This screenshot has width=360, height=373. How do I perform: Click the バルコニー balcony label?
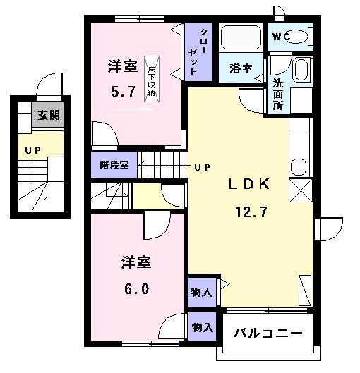pyautogui.click(x=268, y=333)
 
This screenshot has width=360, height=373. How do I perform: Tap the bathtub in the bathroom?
pyautogui.click(x=240, y=37)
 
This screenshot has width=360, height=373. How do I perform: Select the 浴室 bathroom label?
pyautogui.click(x=241, y=68)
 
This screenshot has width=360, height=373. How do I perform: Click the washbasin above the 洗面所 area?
pyautogui.click(x=301, y=71)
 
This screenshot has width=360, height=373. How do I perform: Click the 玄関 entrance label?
pyautogui.click(x=48, y=116)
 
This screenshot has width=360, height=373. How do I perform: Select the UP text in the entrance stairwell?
pyautogui.click(x=33, y=150)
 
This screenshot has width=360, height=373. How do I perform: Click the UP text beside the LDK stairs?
pyautogui.click(x=203, y=167)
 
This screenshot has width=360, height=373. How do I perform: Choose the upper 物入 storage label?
pyautogui.click(x=201, y=291)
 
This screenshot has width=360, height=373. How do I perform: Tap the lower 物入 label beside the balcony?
pyautogui.click(x=202, y=327)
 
